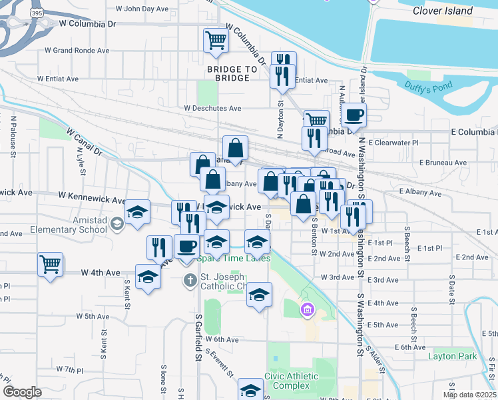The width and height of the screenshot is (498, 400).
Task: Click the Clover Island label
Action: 442,11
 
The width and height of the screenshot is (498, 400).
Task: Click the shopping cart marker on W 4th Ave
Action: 50,264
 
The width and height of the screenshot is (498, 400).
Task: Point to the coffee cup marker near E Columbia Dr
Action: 354,115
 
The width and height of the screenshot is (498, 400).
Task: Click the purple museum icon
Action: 307,309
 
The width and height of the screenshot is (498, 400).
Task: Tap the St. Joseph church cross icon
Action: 190,279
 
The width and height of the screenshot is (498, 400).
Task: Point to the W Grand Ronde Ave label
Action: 77,50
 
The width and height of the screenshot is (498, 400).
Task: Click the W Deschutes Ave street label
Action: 213,108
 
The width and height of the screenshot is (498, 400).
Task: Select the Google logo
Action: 22,391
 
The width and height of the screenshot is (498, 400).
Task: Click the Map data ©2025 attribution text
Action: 469,395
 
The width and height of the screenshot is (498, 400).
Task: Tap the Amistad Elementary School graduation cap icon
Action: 118,223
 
